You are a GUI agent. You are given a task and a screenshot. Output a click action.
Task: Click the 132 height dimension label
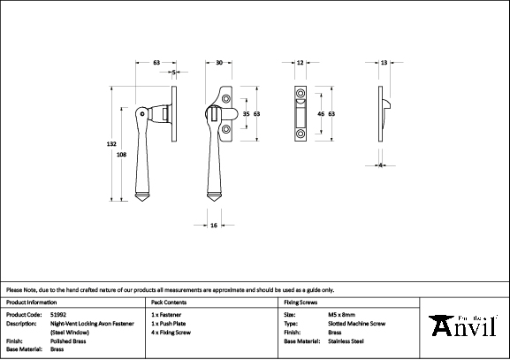pos(111,144)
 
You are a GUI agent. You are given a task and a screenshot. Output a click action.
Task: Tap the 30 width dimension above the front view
pos(219,63)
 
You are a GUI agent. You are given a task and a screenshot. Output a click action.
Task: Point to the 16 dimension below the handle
pos(215,226)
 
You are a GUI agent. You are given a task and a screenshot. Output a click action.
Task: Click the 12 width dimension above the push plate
pos(300,63)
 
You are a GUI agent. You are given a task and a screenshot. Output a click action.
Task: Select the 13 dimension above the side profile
pos(384,63)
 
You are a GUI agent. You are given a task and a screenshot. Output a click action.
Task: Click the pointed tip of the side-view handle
pos(146,202)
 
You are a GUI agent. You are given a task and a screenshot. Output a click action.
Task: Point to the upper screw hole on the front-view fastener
pos(226,99)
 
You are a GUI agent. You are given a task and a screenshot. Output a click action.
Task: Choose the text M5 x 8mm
pos(341,314)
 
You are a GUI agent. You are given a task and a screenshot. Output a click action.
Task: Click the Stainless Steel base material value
pos(346,341)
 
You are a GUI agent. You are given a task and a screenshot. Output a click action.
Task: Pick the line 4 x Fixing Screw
pos(173,332)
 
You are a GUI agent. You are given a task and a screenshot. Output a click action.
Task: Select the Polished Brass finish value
pos(67,341)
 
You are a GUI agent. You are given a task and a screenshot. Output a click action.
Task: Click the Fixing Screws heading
pos(300,303)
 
